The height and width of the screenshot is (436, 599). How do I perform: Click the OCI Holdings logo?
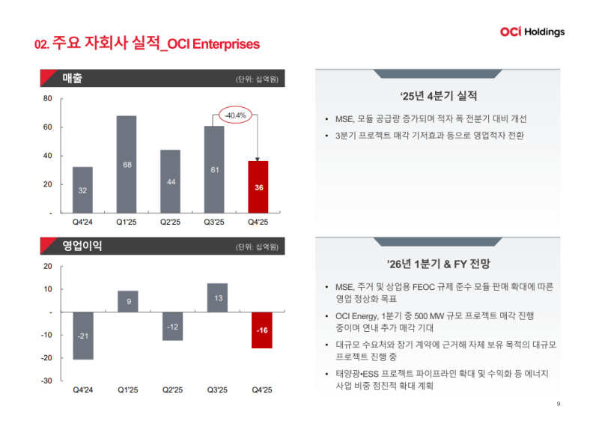(x=532, y=31)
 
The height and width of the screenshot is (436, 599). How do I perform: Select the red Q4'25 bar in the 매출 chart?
(x=258, y=187)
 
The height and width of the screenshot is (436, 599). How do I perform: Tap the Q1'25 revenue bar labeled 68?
(x=127, y=164)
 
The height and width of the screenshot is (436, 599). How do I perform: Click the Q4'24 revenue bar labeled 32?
(x=82, y=190)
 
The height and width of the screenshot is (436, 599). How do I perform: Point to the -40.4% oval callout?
(x=235, y=115)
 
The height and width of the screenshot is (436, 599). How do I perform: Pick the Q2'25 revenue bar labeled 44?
(x=171, y=181)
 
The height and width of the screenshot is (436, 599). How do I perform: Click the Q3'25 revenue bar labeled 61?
(x=214, y=169)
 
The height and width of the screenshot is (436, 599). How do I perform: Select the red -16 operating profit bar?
(x=261, y=330)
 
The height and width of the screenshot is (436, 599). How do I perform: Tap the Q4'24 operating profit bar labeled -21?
(x=82, y=336)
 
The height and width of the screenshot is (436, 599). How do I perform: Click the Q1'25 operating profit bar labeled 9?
(x=127, y=301)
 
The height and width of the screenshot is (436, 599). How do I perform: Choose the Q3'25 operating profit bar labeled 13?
(x=217, y=297)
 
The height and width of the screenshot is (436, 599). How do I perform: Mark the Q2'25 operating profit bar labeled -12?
(x=172, y=327)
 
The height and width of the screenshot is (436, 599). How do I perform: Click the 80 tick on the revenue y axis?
(x=47, y=99)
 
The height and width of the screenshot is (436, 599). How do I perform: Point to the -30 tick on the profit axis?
(x=46, y=381)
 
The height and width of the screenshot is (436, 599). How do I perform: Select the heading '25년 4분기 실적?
(x=439, y=96)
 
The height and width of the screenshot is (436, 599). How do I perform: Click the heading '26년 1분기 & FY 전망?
(x=439, y=264)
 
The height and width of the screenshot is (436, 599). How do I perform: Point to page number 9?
(x=559, y=405)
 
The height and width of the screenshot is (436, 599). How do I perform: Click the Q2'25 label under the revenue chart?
(x=171, y=222)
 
